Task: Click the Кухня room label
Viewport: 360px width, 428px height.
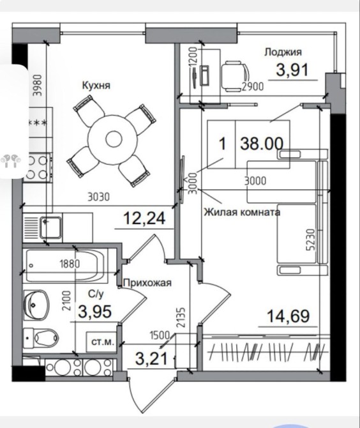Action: coord(96,85)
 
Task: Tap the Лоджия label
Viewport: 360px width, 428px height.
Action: coord(283,52)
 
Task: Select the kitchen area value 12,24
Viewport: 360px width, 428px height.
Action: coord(144,218)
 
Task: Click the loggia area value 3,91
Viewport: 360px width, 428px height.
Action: coord(292,70)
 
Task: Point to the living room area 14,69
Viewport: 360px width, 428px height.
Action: coord(289,316)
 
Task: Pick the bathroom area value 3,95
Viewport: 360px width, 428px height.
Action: coord(95,311)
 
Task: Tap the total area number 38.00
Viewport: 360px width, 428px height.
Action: coord(262,144)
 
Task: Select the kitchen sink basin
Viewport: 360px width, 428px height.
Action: coord(50,227)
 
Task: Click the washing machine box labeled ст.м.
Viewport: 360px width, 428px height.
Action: coord(102,342)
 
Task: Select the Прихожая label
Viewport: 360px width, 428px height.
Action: coord(147,283)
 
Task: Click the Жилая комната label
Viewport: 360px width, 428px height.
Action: coord(242,212)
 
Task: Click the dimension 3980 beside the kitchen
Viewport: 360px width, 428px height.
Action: coord(38,86)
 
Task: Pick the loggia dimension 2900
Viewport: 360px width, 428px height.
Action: coord(253,86)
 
